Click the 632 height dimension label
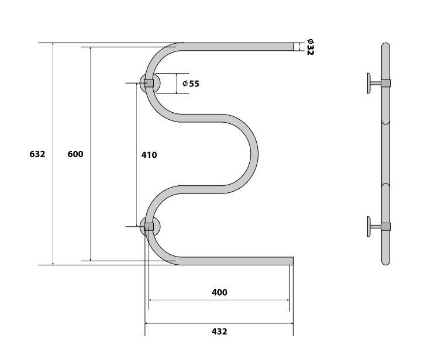tap(37, 154)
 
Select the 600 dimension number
tap(75, 154)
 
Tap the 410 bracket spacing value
tap(149, 155)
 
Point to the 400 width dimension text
tap(219, 293)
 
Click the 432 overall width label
tap(219, 331)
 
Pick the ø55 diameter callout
tap(191, 84)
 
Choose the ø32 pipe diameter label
tap(310, 47)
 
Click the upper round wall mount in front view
tap(150, 83)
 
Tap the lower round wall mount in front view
tap(150, 226)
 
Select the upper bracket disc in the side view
tap(368, 83)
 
